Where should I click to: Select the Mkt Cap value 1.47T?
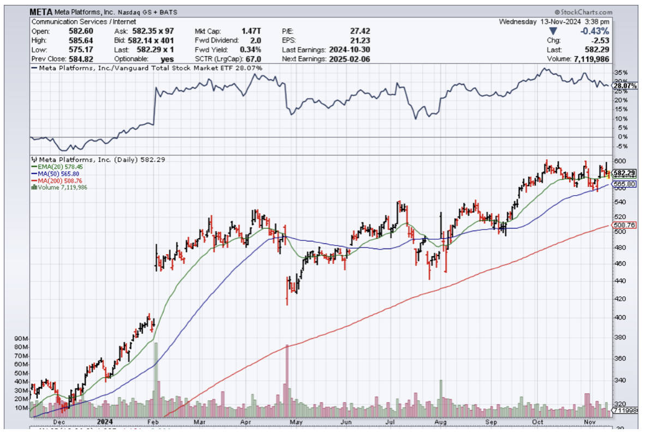coord(251,31)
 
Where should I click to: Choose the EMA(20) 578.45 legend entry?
coord(58,167)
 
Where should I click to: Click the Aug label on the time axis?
coord(440,421)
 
